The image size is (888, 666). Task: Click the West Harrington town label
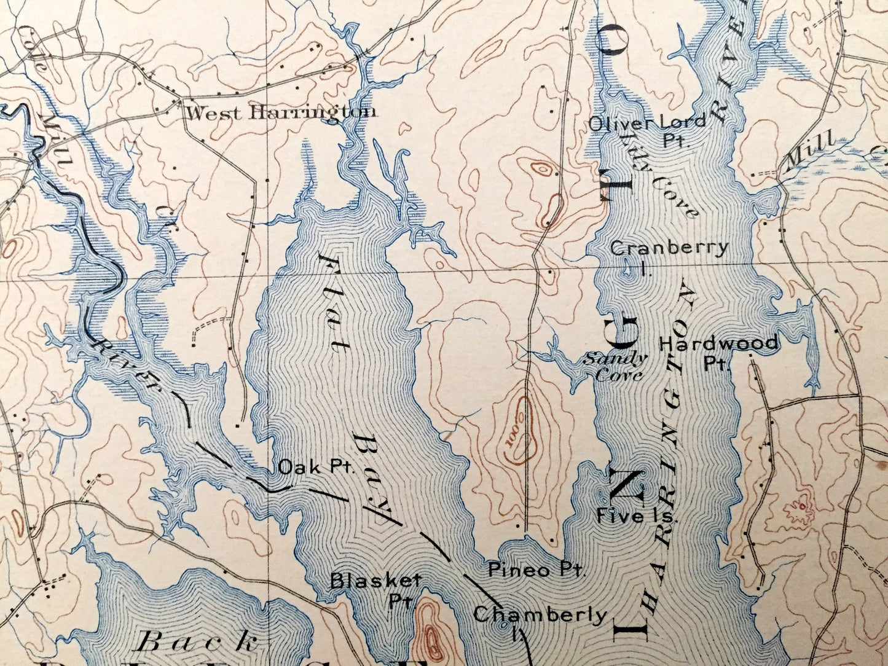pyautogui.click(x=281, y=112)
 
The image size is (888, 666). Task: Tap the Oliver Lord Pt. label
pyautogui.click(x=647, y=129)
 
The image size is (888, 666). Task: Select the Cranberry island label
pyautogui.click(x=669, y=248)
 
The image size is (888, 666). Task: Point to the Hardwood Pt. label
pyautogui.click(x=718, y=351)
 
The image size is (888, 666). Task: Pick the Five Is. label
pyautogui.click(x=636, y=517)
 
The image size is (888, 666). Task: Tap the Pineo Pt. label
pyautogui.click(x=536, y=570)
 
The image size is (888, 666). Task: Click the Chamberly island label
pyautogui.click(x=540, y=614)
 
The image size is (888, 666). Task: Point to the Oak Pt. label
pyautogui.click(x=317, y=467)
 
